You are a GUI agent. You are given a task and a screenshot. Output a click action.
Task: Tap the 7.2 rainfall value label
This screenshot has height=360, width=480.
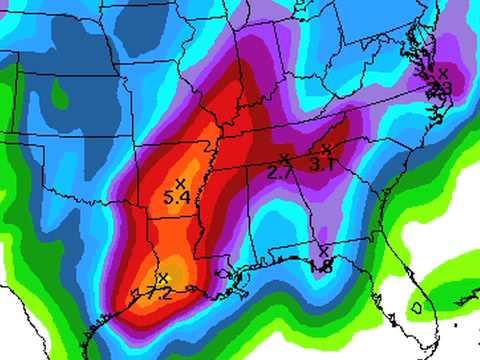coord(159,293)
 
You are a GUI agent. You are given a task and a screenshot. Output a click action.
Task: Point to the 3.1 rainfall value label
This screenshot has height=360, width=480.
coord(321,163)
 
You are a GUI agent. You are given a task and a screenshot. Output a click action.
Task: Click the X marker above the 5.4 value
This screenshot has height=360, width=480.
coord(180,183)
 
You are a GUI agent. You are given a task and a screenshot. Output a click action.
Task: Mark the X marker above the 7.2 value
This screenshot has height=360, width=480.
coord(163,277)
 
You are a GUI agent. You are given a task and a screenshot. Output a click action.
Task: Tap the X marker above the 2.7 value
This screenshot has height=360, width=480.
coord(285,159)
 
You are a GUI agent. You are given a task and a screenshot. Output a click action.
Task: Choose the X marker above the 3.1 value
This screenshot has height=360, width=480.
coord(326,149)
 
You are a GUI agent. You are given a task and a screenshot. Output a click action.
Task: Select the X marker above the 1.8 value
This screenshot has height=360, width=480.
coord(325,251)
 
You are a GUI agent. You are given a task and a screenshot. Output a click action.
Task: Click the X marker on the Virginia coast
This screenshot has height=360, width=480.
coord(444,72)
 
